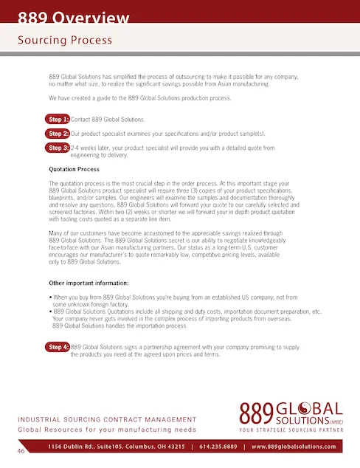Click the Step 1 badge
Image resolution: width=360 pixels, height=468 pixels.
58,120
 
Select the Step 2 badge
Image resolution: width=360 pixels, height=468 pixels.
58,134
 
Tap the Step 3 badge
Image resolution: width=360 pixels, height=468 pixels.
58,148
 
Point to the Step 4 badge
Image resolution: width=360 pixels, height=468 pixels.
58,346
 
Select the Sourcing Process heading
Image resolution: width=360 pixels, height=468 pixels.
65,40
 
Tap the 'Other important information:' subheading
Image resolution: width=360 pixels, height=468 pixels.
89,283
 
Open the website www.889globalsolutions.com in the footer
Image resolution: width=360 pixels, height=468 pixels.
294,447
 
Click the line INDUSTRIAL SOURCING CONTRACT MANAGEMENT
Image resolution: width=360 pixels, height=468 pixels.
107,419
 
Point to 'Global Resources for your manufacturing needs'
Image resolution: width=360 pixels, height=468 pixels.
107,429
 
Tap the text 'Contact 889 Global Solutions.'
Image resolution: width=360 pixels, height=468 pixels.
108,120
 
